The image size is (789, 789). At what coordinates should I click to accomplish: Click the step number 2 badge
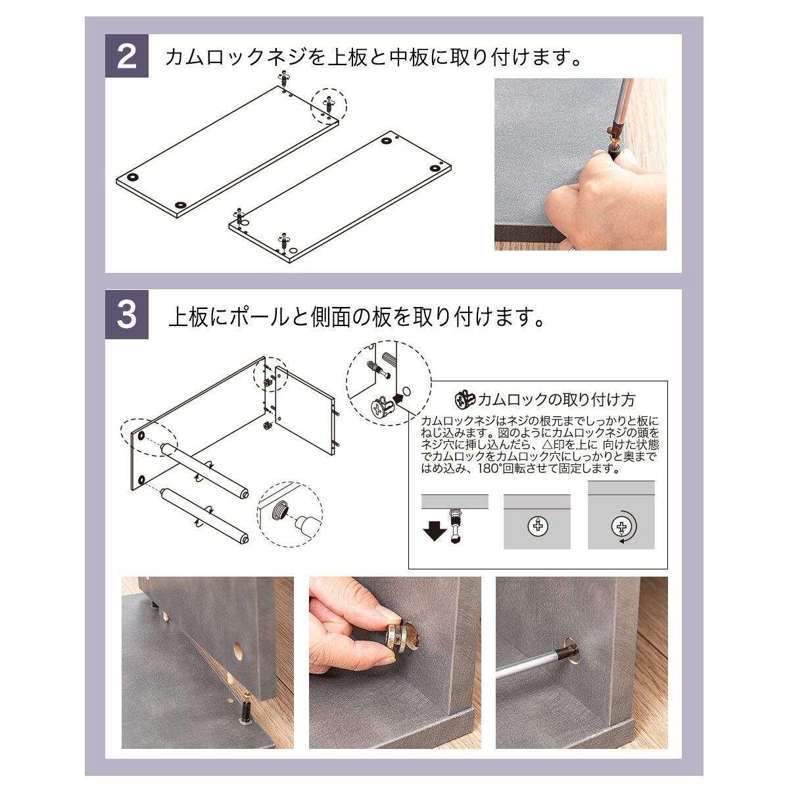coord(127,56)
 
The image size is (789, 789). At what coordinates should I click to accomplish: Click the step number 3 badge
coord(127,314)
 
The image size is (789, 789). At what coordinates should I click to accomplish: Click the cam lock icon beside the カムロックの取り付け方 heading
coord(466,400)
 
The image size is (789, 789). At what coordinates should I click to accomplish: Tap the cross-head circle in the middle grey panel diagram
coord(538,525)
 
